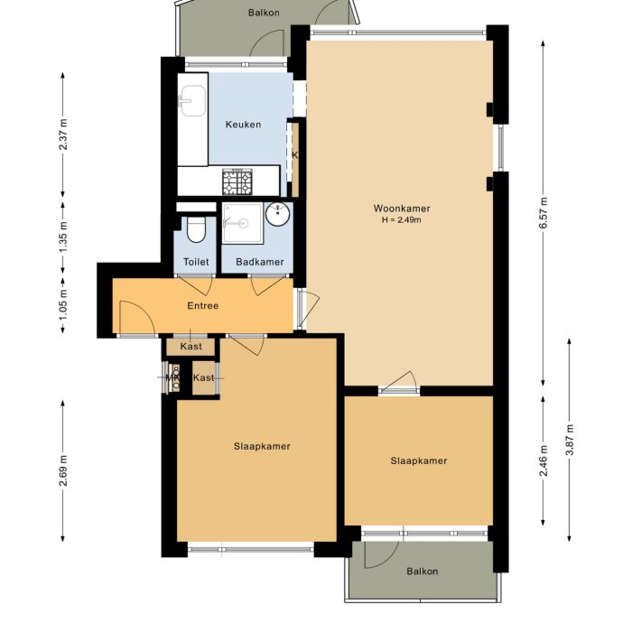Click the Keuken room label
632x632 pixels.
[x=242, y=125]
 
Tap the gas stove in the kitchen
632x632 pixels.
[x=237, y=181]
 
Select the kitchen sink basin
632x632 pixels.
[x=191, y=101]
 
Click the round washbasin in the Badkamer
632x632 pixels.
[x=278, y=215]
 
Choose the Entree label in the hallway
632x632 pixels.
[x=203, y=306]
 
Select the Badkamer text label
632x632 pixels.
[x=259, y=262]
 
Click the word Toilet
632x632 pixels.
[x=196, y=262]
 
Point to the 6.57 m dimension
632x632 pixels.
[x=544, y=213]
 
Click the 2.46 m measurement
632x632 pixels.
[x=544, y=460]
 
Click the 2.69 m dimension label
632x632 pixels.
[x=63, y=470]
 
